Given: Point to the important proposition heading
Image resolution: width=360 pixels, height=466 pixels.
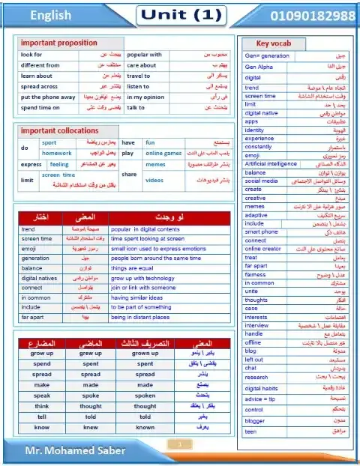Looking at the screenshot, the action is pyautogui.click(x=59, y=43).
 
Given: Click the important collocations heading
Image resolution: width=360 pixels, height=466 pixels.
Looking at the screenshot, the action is pyautogui.click(x=60, y=130).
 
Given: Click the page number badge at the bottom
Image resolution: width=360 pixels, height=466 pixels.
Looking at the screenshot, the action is pyautogui.click(x=180, y=445).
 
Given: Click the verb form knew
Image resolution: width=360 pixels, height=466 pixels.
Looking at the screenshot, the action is pyautogui.click(x=91, y=427).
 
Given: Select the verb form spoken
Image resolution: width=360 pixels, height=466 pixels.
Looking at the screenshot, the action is pyautogui.click(x=145, y=395).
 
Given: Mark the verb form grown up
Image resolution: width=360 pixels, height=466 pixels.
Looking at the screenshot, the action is pyautogui.click(x=145, y=353).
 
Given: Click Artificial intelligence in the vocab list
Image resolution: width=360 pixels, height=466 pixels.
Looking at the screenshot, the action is pyautogui.click(x=271, y=164).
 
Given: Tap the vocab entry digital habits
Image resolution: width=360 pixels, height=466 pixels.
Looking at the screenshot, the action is pyautogui.click(x=262, y=388).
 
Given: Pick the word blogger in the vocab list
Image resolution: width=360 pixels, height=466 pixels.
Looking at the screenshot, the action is pyautogui.click(x=254, y=421).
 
